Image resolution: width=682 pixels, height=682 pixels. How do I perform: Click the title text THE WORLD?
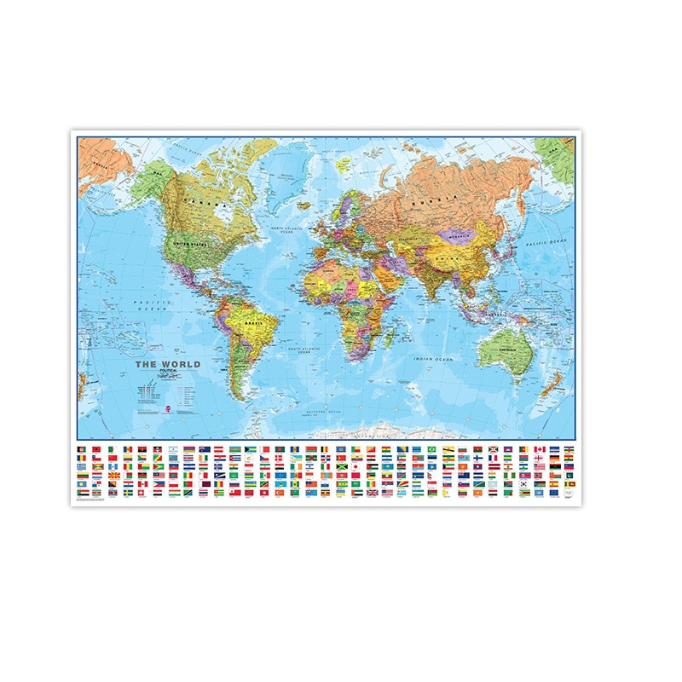click(x=169, y=364)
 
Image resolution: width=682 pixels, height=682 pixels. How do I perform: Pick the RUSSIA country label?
click(x=427, y=204)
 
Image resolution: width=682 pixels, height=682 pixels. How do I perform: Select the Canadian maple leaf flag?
click(x=540, y=449)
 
